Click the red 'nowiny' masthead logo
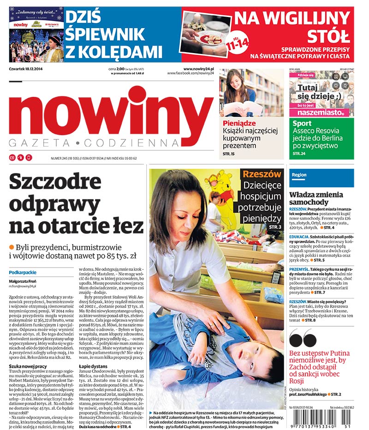pos(111,113)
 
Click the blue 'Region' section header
pos(299,175)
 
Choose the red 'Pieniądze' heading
pos(239,123)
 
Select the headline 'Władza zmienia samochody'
pos(316,198)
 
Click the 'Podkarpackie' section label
pos(23,272)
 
